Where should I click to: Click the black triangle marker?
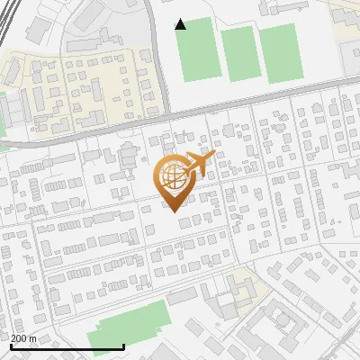181,24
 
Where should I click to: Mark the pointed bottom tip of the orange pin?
172,210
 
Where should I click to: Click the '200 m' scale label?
22,338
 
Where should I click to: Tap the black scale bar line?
67,346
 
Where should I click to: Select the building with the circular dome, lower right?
281,319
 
